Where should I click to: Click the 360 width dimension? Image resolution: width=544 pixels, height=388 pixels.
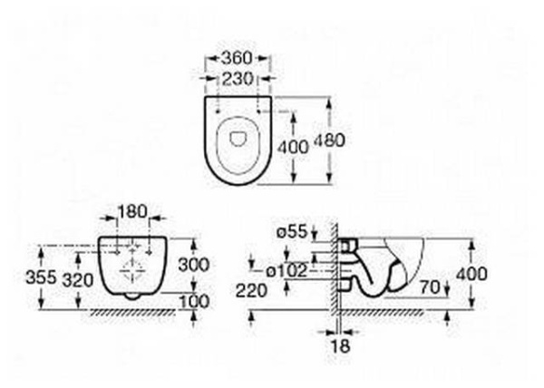(x=237, y=58)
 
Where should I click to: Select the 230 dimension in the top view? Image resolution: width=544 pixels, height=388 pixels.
(x=238, y=79)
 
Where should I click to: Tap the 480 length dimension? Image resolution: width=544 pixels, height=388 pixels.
(x=330, y=141)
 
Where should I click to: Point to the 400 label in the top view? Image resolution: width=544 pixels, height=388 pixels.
(x=293, y=147)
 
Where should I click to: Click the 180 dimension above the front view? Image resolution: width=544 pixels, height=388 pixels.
(x=132, y=211)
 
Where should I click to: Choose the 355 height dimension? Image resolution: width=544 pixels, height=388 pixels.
(x=41, y=277)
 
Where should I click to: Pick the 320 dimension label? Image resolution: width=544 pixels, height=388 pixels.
(x=78, y=280)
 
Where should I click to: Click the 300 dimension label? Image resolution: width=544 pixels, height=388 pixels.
(x=194, y=265)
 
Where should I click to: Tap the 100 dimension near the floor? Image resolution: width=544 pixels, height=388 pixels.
(x=194, y=301)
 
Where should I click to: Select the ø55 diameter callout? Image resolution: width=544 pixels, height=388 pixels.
(x=292, y=232)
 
